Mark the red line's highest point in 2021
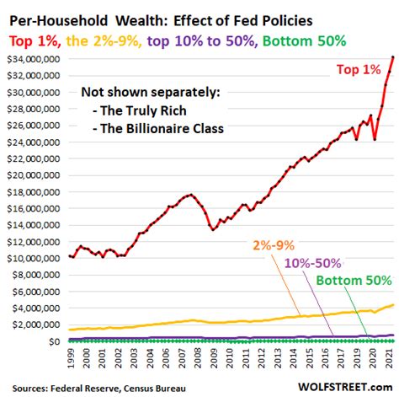click(x=392, y=57)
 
